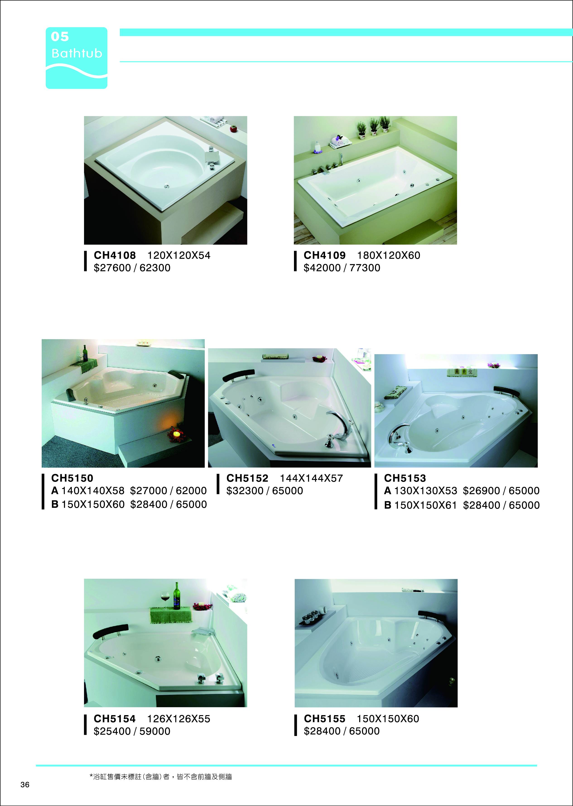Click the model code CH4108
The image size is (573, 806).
click(x=115, y=255)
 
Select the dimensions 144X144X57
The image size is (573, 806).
click(x=311, y=478)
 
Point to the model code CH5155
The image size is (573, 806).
click(x=325, y=719)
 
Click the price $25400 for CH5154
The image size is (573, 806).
click(x=112, y=731)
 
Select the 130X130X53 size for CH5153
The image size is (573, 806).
click(x=426, y=491)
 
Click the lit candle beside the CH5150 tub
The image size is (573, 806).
click(x=176, y=434)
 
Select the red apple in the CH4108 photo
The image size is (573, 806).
click(x=234, y=128)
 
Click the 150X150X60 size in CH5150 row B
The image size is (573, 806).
click(x=93, y=504)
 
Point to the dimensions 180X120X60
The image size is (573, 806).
click(x=388, y=255)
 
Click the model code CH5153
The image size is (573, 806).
click(x=405, y=478)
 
